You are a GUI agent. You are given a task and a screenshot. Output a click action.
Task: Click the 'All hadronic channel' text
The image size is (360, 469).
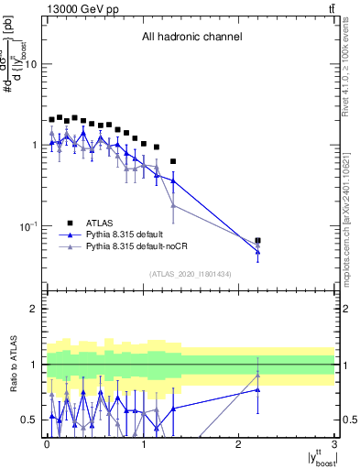pos(191,38)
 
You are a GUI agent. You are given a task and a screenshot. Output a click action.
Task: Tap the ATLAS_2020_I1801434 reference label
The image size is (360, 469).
pos(191,273)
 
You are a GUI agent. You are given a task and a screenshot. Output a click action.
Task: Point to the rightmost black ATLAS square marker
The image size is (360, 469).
pos(257,241)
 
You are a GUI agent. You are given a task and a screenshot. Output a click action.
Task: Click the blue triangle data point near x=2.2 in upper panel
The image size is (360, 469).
pos(257,251)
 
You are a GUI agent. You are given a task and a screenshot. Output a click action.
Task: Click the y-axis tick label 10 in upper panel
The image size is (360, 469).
pos(31,65)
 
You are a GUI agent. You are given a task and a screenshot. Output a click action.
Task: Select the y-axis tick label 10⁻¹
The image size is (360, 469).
pos(28,226)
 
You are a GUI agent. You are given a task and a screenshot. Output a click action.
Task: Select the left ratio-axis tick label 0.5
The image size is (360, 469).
pos(28,420)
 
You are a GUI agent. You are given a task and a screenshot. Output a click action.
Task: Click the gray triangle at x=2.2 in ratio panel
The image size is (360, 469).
pos(257,375)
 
